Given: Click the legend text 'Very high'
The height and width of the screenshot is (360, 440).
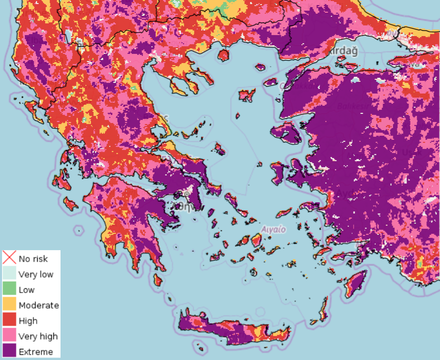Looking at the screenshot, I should coord(38,336).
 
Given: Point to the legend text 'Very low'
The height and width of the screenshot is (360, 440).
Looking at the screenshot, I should coord(36,274).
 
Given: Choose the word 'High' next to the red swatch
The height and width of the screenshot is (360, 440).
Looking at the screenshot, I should coord(28,321).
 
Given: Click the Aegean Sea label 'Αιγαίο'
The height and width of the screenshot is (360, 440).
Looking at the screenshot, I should coord(273,229).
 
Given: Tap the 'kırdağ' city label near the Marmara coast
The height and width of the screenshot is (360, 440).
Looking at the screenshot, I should coord(342,51).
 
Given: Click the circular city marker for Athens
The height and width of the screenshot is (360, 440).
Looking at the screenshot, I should coord(187,195).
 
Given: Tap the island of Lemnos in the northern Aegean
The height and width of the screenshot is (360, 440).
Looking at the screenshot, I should coord(247,95).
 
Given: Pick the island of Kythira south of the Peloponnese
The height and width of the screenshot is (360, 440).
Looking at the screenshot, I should coord(158,280).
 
